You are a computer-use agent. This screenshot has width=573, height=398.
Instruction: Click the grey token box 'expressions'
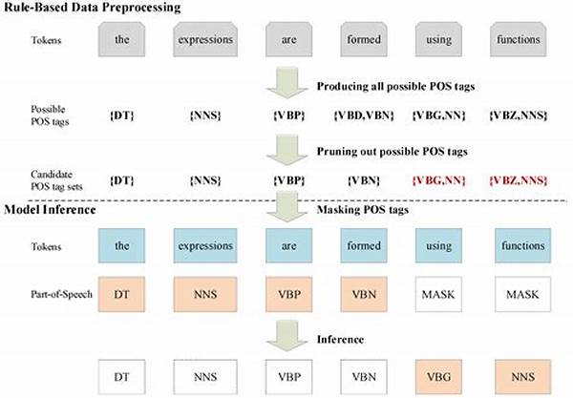205,39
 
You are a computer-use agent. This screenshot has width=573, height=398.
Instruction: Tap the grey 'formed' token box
364,39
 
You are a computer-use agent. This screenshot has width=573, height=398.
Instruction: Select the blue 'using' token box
438,245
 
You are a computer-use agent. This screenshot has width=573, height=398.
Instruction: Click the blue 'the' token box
121,245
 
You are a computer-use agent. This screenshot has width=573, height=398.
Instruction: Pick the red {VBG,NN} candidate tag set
438,180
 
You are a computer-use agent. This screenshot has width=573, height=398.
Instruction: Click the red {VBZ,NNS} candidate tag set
519,180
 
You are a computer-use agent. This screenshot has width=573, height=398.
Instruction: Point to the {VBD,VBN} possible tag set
364,115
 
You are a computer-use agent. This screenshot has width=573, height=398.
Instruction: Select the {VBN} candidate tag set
364,180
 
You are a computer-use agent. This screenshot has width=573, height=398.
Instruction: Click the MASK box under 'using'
438,294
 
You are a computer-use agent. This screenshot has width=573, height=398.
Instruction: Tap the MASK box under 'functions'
523,294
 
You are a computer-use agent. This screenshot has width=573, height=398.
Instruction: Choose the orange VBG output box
438,377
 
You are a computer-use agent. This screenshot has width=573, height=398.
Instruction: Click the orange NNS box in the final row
523,377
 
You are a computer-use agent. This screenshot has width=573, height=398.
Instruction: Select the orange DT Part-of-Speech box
121,294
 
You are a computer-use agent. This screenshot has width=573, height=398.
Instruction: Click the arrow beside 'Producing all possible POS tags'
287,82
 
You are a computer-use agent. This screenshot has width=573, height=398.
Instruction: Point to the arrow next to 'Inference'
287,336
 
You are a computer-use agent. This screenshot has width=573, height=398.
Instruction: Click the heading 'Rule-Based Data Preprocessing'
92,8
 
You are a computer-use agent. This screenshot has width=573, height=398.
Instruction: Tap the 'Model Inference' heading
50,210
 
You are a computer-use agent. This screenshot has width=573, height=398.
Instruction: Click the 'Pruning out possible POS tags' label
393,151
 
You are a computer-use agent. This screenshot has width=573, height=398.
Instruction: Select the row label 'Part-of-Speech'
61,294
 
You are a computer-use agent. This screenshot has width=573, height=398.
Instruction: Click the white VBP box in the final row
289,377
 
